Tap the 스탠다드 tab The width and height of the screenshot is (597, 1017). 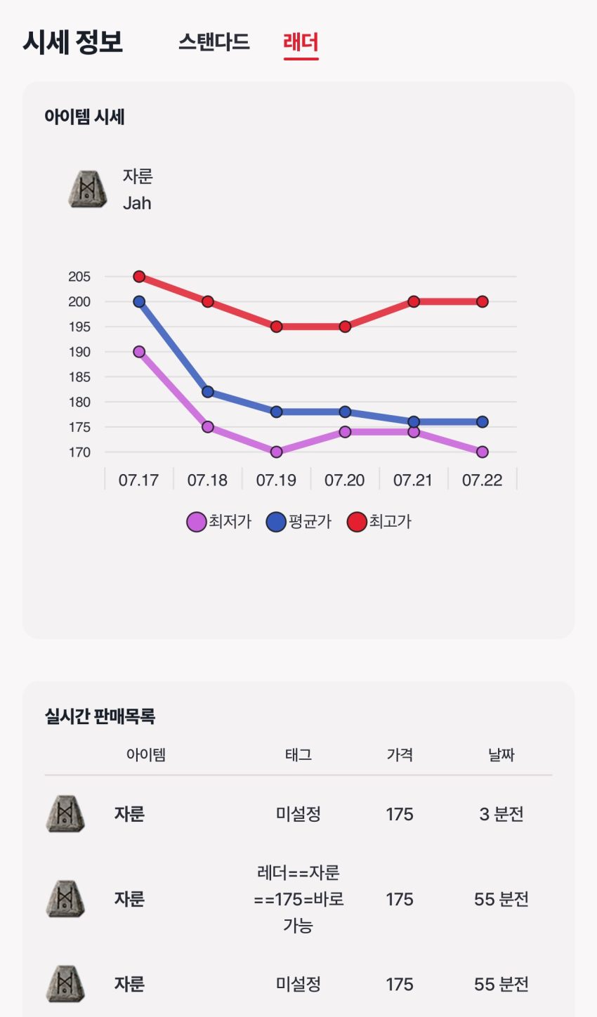(x=214, y=42)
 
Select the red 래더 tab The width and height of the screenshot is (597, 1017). (x=301, y=42)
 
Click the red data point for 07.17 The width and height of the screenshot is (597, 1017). (x=139, y=277)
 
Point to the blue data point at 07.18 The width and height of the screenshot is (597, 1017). (x=208, y=392)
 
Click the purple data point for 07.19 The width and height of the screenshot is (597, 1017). (x=277, y=452)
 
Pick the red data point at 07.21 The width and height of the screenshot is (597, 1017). (x=414, y=301)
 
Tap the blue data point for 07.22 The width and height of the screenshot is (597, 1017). (x=482, y=422)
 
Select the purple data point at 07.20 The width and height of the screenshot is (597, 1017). (x=345, y=432)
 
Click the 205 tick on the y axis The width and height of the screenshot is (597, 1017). (x=79, y=277)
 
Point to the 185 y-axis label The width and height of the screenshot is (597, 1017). (x=79, y=377)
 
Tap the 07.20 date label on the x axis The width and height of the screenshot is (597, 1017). (x=345, y=480)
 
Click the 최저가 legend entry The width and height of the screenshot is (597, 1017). (x=219, y=522)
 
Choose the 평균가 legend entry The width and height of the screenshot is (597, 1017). (x=298, y=522)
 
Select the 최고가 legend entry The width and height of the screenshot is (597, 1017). (x=379, y=522)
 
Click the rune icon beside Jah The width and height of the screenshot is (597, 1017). (x=88, y=190)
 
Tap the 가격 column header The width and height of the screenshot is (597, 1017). (x=400, y=754)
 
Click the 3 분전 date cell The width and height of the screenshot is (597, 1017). (x=501, y=814)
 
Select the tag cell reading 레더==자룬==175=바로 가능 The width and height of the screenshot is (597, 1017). (x=298, y=899)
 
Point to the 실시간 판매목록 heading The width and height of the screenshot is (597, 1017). (x=100, y=716)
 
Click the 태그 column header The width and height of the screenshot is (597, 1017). (x=298, y=754)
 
